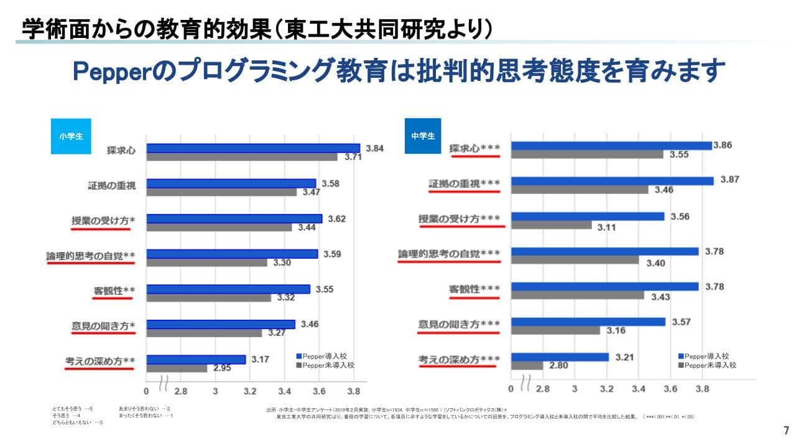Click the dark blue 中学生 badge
coord(423,136)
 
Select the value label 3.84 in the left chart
coord(375,148)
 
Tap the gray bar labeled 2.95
coord(177,368)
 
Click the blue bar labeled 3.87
coord(612,181)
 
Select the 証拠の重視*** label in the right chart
coord(465,184)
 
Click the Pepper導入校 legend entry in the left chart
coord(323,356)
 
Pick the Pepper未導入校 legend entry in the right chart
coord(708,365)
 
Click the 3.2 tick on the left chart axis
coord(251,392)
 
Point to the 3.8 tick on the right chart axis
coord(703,389)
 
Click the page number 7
coord(785,431)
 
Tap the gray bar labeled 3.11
coord(551,225)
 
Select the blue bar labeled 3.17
coord(196,360)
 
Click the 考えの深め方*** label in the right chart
coord(459,360)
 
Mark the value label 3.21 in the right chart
coord(624,357)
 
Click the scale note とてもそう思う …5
coord(73,409)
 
